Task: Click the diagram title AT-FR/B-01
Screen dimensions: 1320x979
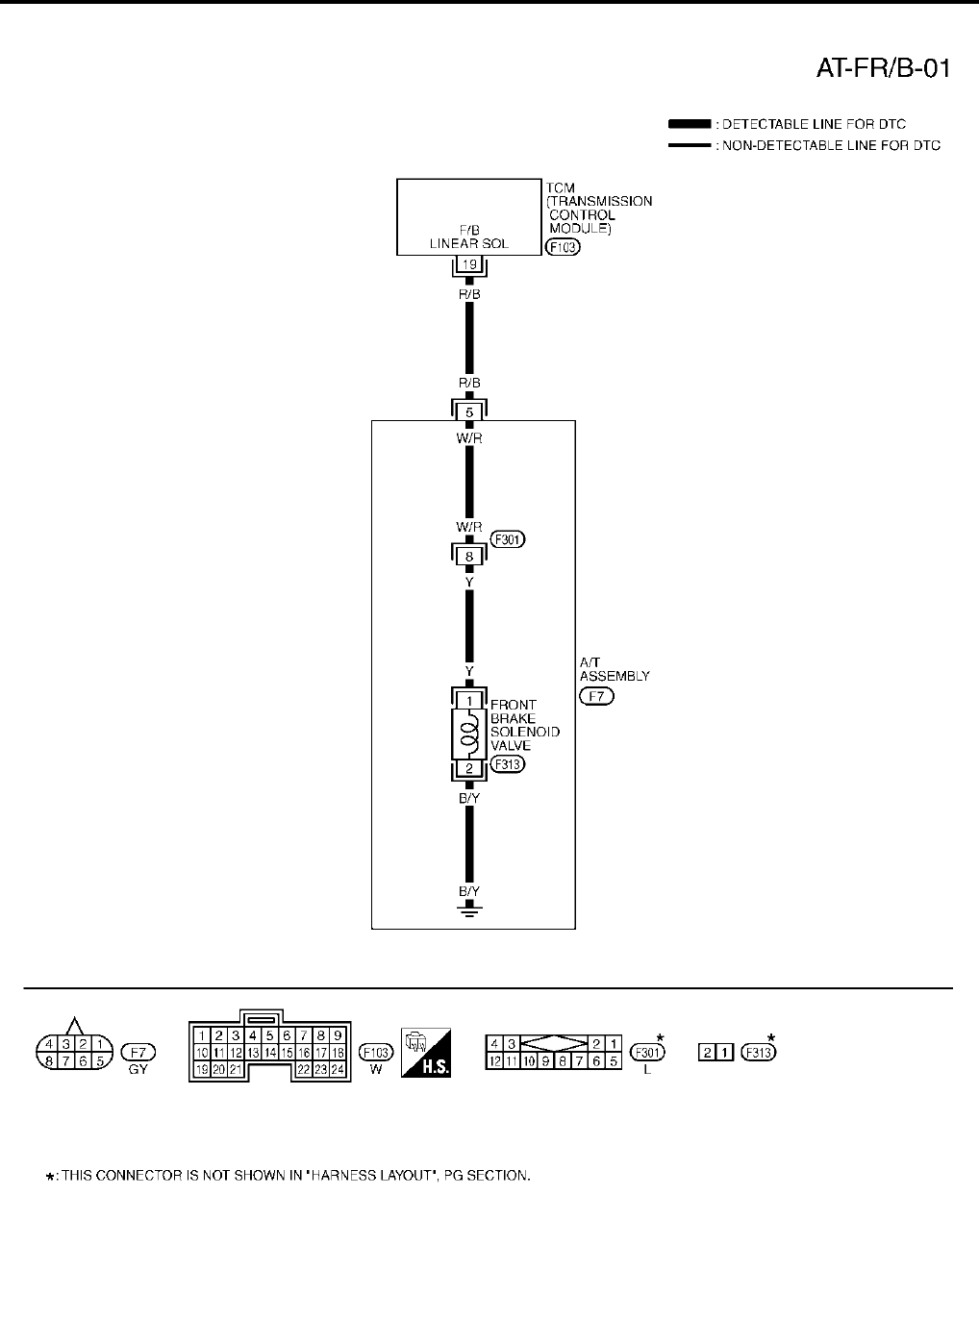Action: click(x=884, y=68)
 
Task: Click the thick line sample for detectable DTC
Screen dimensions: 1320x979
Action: click(x=689, y=124)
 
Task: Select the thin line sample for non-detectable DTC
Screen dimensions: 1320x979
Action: click(x=689, y=146)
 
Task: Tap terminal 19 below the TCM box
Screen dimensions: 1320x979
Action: click(x=468, y=265)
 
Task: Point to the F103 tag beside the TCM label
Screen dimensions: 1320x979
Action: click(x=563, y=247)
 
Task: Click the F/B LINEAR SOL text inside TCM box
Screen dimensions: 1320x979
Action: click(x=469, y=237)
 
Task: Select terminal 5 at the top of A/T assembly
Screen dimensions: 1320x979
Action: click(x=468, y=412)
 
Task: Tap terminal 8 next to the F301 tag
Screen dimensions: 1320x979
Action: click(x=468, y=555)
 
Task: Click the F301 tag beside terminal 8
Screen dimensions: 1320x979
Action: click(x=508, y=539)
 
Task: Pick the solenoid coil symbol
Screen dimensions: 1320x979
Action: click(x=468, y=734)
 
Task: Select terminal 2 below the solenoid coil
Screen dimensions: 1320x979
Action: click(x=468, y=768)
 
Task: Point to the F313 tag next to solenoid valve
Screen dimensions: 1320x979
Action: click(x=508, y=765)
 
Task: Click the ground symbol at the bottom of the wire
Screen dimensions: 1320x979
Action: click(x=468, y=909)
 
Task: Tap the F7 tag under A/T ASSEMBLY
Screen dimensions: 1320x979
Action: click(x=596, y=696)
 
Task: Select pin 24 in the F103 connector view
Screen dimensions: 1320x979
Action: click(x=338, y=1069)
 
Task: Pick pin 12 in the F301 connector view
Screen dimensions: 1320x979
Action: click(x=492, y=1061)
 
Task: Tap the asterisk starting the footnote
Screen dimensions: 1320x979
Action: click(x=50, y=1177)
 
